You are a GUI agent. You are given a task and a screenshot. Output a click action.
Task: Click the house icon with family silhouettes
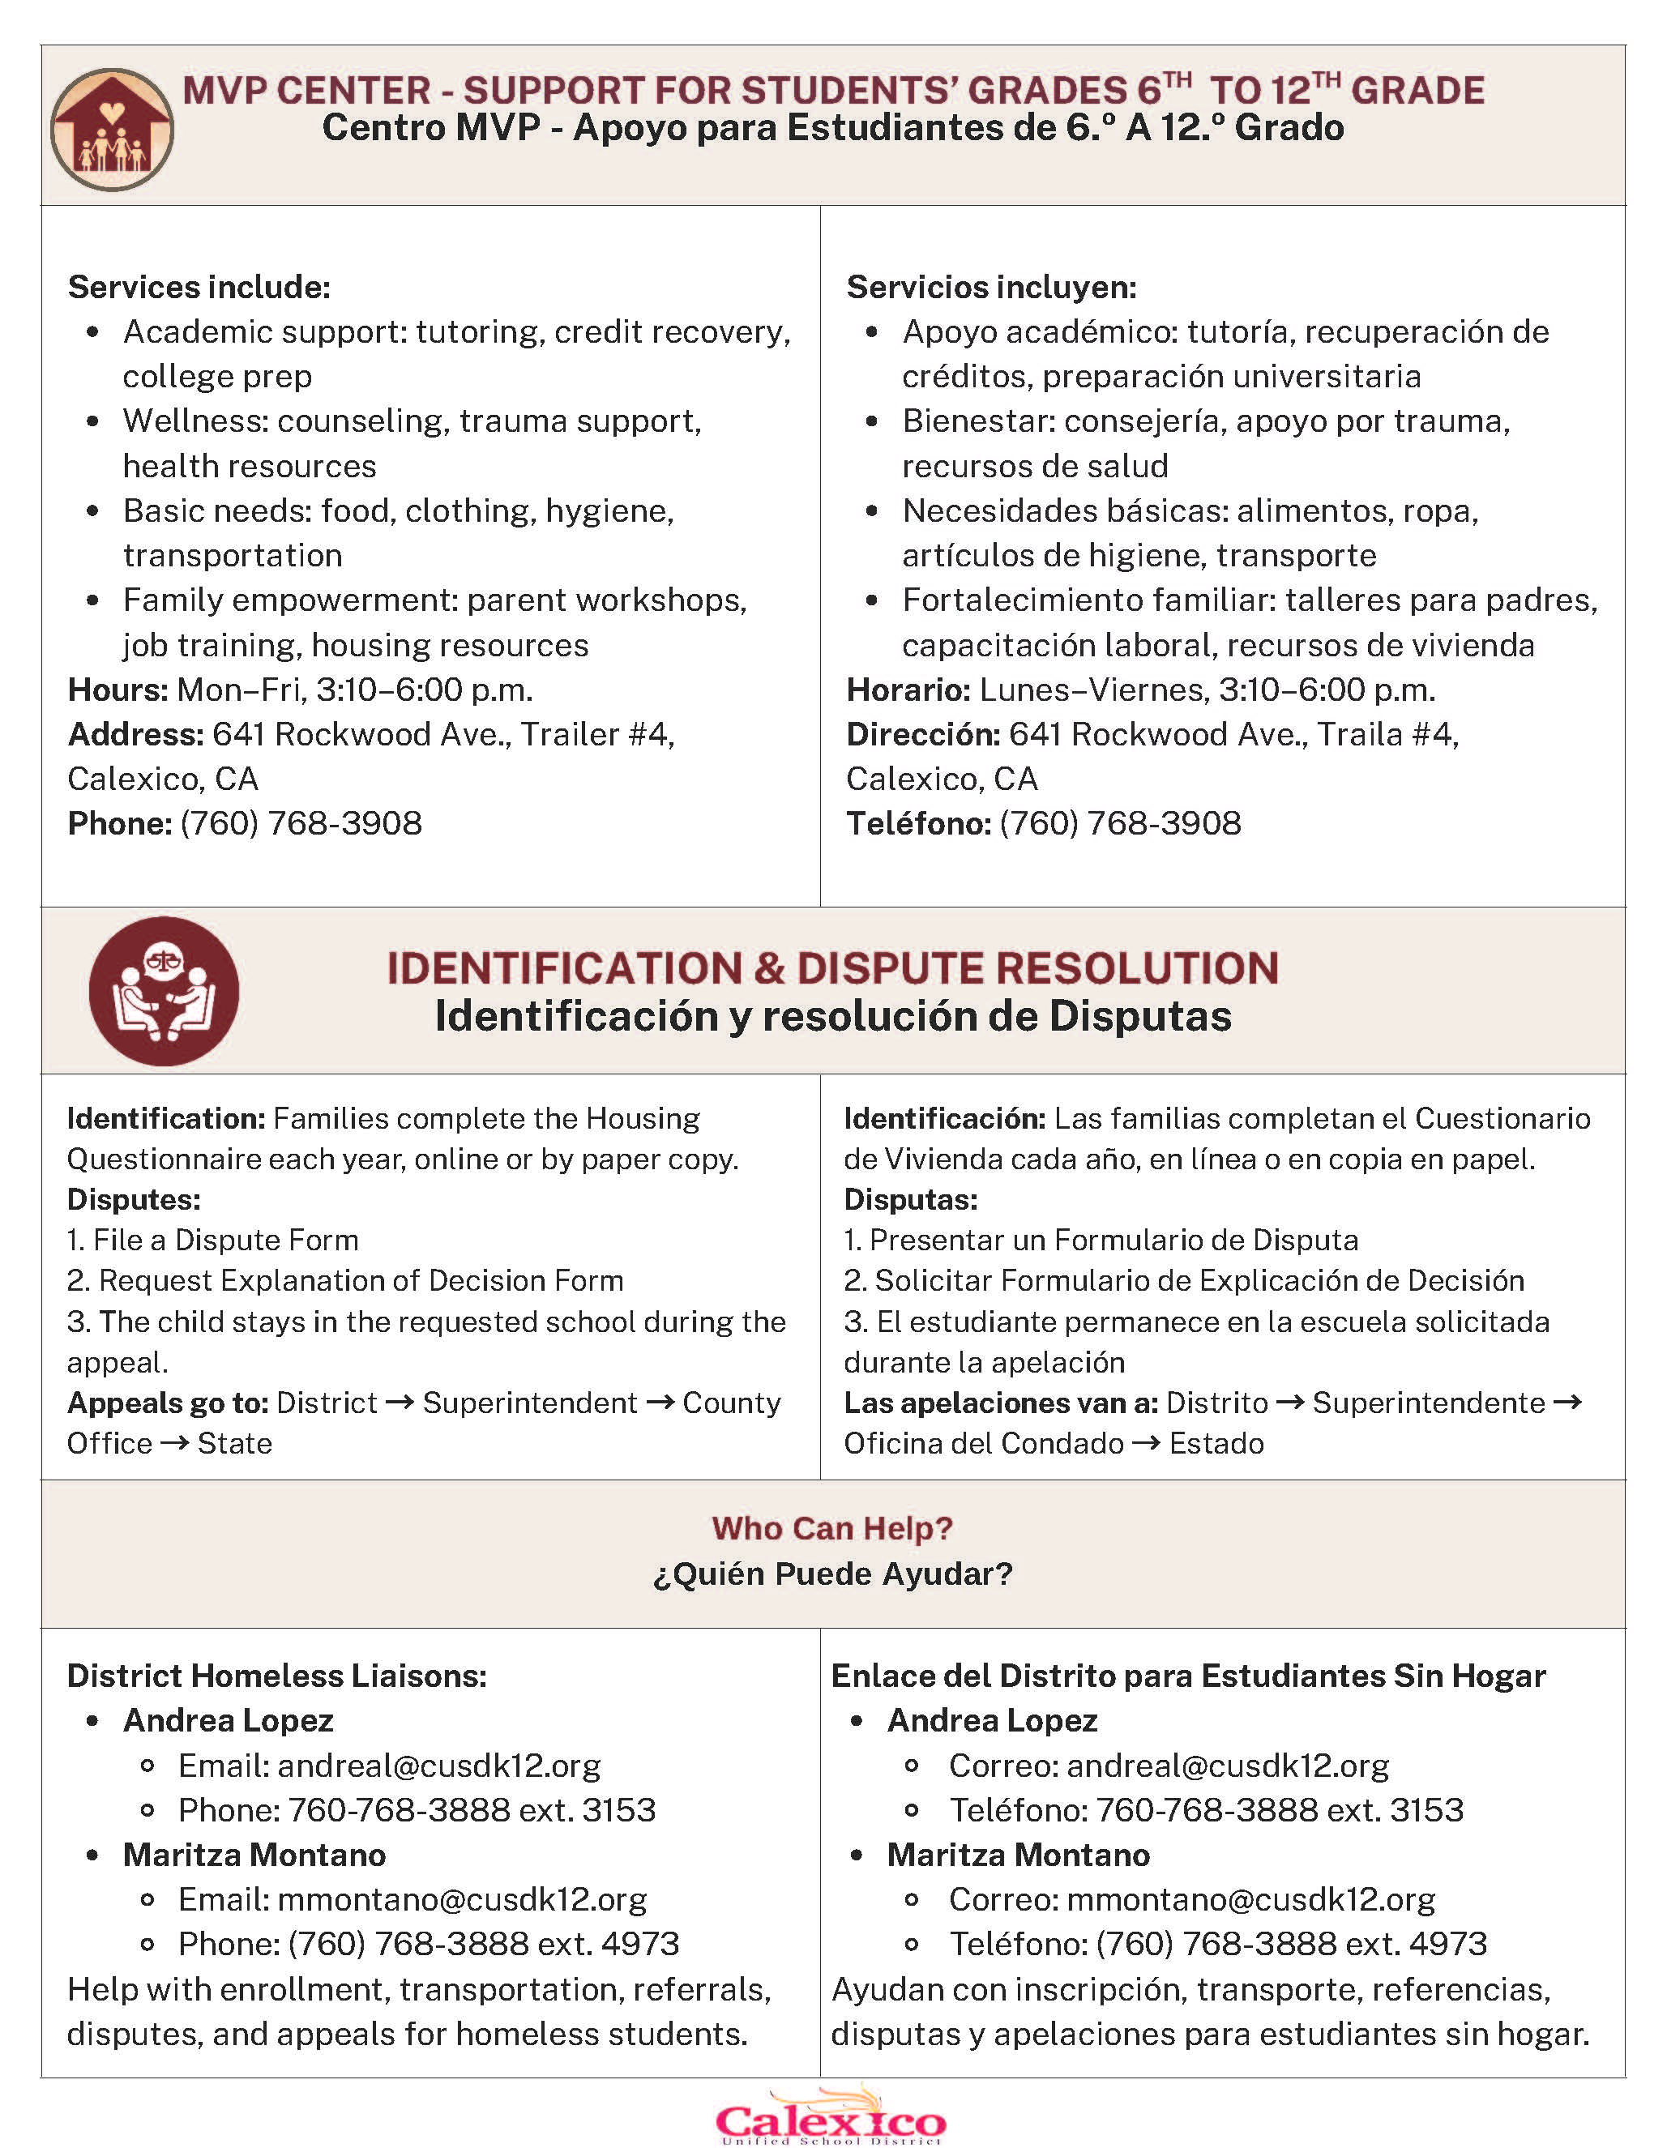click(x=112, y=129)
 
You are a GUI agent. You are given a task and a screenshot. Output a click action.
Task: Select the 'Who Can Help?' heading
click(x=832, y=1527)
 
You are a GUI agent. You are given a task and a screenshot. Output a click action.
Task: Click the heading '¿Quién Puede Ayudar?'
click(x=832, y=1574)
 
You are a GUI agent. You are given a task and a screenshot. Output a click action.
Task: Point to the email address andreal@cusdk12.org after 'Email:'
click(x=438, y=1766)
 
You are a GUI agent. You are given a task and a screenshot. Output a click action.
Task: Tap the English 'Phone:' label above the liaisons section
click(x=120, y=823)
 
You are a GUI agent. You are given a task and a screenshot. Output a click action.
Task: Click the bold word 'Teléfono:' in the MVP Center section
click(x=918, y=823)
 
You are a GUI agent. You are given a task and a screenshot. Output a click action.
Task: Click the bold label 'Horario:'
click(x=908, y=690)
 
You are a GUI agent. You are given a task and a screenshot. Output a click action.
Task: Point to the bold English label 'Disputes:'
click(x=134, y=1200)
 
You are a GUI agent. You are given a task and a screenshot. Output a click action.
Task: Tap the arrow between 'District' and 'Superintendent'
click(x=400, y=1403)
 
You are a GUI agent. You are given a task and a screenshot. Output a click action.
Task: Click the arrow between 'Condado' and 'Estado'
click(x=1146, y=1444)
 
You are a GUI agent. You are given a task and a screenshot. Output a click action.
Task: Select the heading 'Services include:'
click(x=199, y=287)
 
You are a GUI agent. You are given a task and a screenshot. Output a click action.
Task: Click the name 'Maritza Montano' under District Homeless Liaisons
click(x=254, y=1855)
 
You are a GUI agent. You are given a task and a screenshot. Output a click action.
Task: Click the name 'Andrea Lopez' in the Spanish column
click(x=991, y=1720)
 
